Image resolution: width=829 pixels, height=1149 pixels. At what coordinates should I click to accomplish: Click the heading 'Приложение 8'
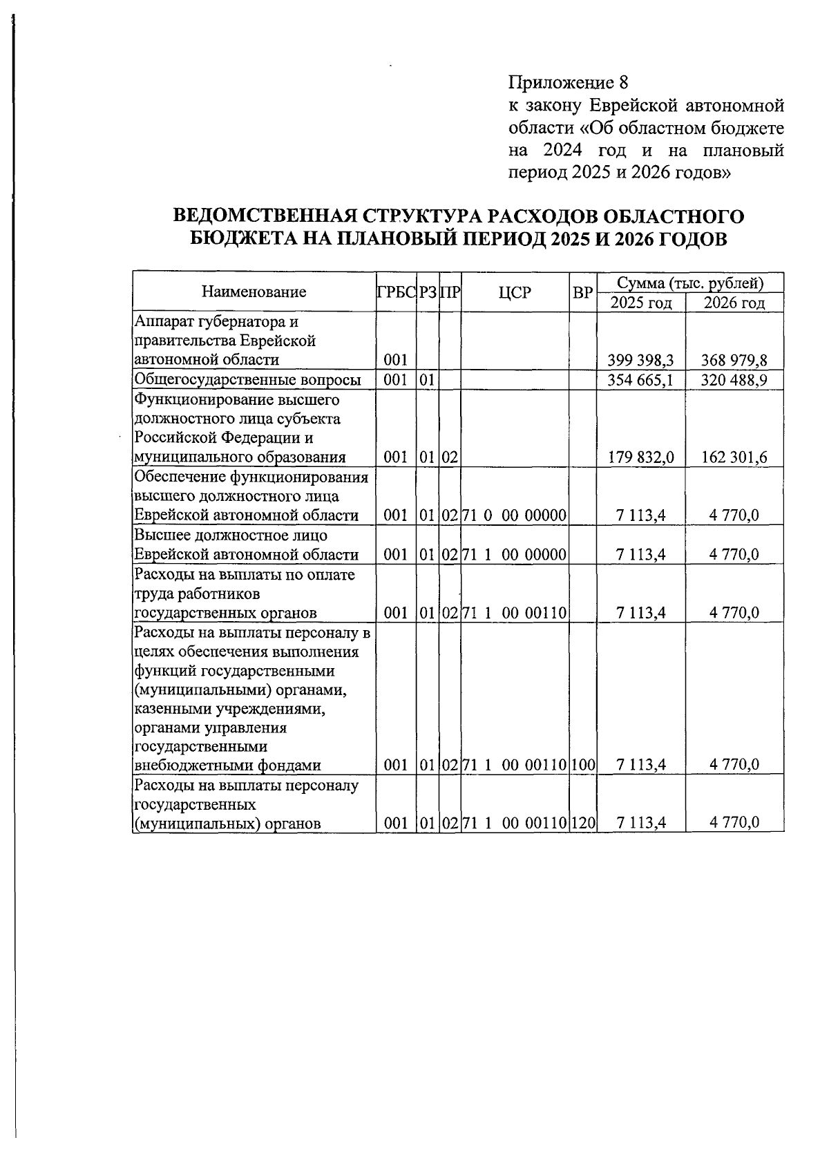[x=568, y=84]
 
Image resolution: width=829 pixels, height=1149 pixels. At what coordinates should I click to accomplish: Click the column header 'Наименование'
[x=254, y=292]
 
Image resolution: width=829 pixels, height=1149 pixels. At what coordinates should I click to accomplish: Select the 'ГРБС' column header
[x=396, y=292]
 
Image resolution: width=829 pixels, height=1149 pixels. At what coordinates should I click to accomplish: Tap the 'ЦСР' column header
[x=515, y=292]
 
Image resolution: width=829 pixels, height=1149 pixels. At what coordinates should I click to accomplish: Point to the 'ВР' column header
[x=583, y=292]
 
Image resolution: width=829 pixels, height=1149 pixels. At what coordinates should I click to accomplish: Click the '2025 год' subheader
[x=641, y=303]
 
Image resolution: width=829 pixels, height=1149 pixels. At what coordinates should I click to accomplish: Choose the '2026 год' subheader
[x=734, y=303]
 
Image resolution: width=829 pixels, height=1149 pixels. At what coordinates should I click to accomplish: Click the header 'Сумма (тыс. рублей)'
[x=690, y=283]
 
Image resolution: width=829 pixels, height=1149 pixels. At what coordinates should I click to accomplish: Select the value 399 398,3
[x=641, y=360]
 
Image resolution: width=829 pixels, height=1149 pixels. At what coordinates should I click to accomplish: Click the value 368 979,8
[x=734, y=360]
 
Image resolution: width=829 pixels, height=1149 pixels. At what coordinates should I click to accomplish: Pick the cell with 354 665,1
[x=641, y=380]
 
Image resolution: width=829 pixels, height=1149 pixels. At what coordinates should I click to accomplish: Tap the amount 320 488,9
[x=734, y=380]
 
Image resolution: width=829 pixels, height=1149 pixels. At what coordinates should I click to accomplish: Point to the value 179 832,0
[x=641, y=457]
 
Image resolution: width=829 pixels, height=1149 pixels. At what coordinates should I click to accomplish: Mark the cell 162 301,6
[x=734, y=457]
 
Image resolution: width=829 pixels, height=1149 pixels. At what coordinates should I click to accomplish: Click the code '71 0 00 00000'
[x=515, y=515]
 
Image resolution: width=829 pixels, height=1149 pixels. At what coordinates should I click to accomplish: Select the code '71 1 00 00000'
[x=515, y=554]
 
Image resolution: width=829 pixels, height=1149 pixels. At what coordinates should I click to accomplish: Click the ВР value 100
[x=583, y=765]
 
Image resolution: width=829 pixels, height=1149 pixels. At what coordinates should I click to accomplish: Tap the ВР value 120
[x=583, y=823]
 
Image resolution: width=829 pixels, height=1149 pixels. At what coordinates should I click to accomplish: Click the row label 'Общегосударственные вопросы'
[x=248, y=380]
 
